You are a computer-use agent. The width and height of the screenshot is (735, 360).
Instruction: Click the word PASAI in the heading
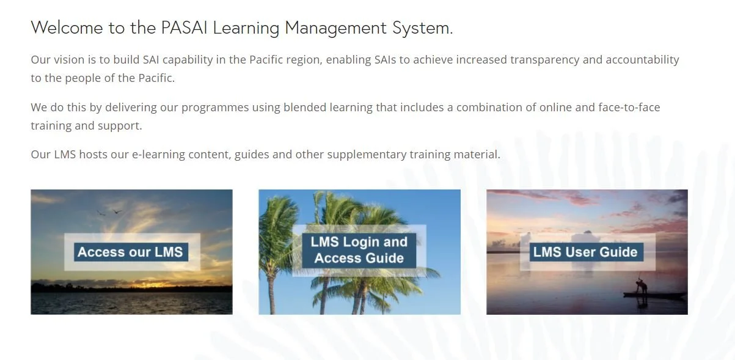(x=184, y=28)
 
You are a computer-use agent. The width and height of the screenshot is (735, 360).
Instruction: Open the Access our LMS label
(x=130, y=252)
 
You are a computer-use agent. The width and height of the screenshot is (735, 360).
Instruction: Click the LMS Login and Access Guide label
(x=359, y=250)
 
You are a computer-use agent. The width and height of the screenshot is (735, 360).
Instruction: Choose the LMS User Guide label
(x=585, y=252)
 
